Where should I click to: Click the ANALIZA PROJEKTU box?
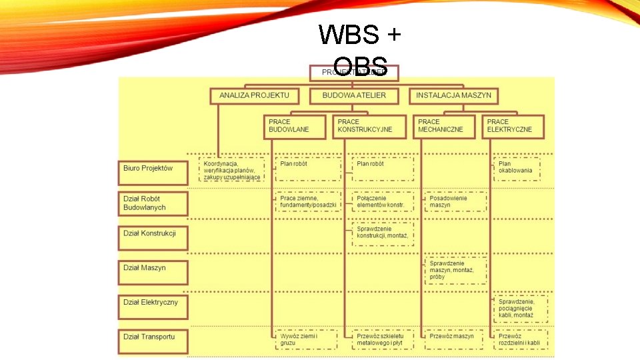pos(254,95)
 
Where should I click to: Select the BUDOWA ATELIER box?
pos(354,95)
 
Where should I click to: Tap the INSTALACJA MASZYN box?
pos(453,95)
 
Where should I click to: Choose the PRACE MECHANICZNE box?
pos(444,126)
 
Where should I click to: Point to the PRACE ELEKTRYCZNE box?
pos(513,126)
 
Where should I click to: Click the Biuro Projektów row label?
pos(153,169)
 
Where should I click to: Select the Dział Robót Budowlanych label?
pos(153,203)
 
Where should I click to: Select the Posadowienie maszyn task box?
pos(455,202)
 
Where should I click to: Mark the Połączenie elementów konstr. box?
pos(383,202)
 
